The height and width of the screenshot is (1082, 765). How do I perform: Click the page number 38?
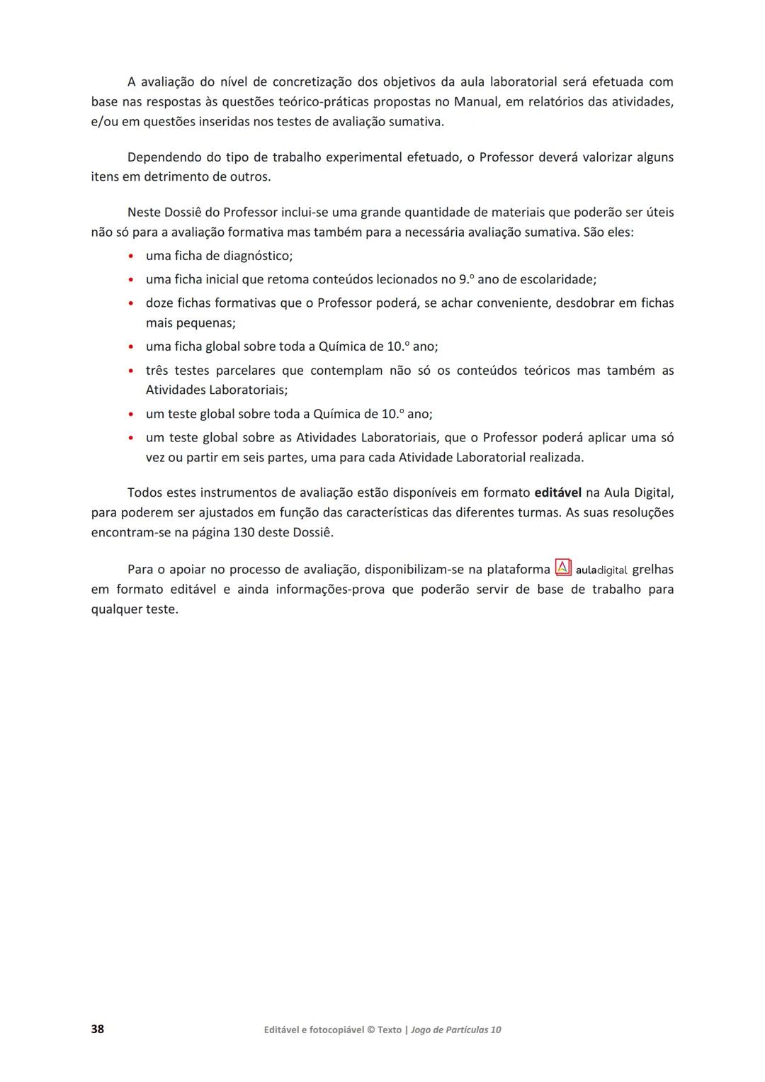pos(98,1029)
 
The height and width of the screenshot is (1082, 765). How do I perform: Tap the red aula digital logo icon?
pos(563,568)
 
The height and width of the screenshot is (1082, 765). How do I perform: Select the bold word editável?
pos(558,492)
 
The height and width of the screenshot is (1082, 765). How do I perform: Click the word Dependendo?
pos(164,157)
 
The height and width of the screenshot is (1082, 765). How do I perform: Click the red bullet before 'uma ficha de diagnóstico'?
pos(131,256)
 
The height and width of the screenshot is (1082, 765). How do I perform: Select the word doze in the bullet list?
pos(159,303)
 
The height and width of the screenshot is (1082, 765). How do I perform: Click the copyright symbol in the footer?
pos(370,1030)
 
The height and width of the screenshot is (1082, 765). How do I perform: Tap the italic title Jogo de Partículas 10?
pos(455,1030)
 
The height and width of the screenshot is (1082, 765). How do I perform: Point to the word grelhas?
pos(652,569)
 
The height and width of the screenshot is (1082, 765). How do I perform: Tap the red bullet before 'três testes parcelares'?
pos(131,371)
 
